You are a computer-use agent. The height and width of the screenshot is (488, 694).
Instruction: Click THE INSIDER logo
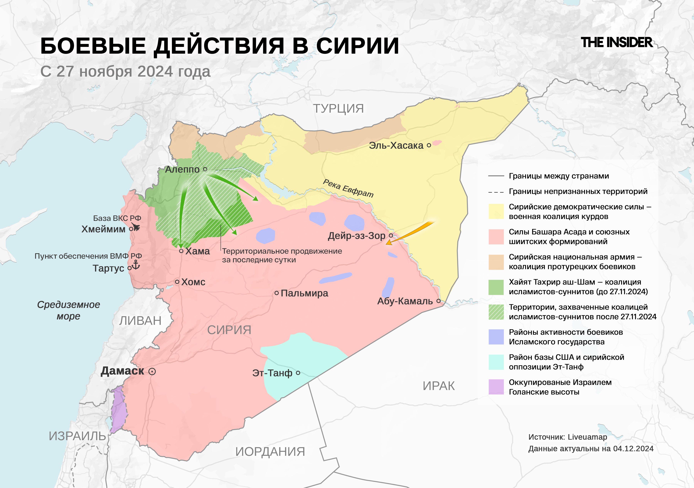tap(617, 43)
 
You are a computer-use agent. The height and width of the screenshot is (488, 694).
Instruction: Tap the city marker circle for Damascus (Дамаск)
tap(152, 371)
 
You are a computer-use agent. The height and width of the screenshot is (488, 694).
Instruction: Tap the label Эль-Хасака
tap(396, 145)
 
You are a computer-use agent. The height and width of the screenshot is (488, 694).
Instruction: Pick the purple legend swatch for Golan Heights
tap(496, 387)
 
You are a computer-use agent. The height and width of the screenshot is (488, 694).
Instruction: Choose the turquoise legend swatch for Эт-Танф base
tap(496, 362)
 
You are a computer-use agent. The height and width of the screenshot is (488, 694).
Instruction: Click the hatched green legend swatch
tap(496, 312)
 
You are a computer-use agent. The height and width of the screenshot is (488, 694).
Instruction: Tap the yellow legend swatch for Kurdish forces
tap(496, 211)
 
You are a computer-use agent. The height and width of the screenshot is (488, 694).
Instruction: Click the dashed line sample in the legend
tap(496, 192)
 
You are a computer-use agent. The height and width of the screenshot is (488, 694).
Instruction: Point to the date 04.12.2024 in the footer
tap(633, 449)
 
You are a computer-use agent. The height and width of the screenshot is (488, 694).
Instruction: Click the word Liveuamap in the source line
tap(587, 437)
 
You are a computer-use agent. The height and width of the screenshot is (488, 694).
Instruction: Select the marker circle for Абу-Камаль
tap(438, 301)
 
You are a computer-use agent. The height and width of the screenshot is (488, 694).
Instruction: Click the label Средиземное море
tap(69, 310)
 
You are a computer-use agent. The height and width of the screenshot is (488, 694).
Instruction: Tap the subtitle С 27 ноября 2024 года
tap(125, 72)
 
